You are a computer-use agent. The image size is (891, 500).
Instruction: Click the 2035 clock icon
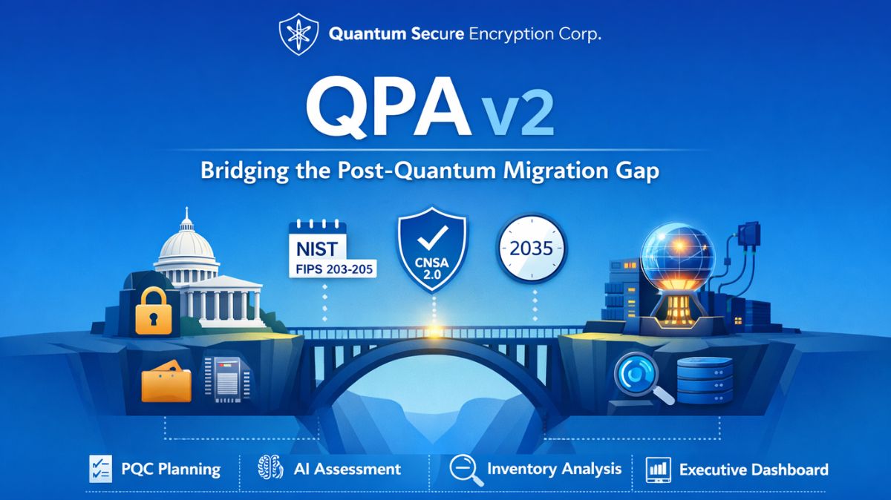531,249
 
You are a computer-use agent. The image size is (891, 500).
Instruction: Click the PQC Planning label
170,469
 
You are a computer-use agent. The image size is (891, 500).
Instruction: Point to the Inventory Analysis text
554,469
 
